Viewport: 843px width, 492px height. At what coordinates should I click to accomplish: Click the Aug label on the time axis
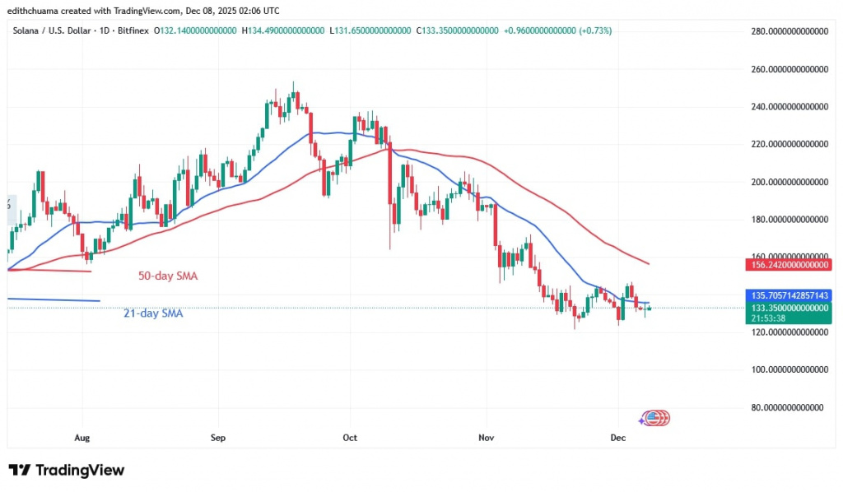coord(81,439)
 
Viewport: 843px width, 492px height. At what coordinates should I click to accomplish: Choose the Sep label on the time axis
coord(217,439)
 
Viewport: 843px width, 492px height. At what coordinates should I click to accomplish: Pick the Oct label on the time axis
coord(350,439)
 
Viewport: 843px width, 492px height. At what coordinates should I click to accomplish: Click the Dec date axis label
coord(618,439)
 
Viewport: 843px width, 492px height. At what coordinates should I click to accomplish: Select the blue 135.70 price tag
coord(787,295)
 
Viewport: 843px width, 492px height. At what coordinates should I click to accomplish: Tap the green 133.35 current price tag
coord(787,307)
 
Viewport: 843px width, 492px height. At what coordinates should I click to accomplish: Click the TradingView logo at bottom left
coord(67,471)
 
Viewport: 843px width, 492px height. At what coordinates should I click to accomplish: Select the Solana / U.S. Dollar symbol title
coord(49,30)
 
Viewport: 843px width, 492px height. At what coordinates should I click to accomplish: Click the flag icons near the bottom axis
coord(654,418)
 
